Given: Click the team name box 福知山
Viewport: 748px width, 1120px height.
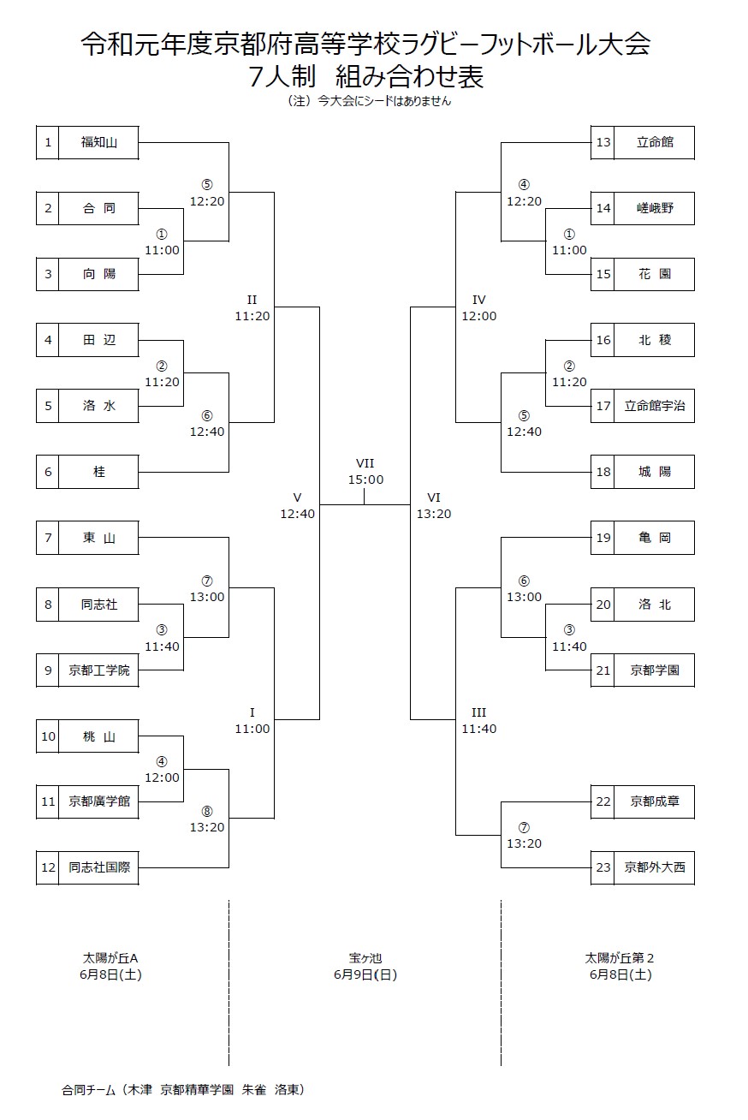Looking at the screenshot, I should [99, 142].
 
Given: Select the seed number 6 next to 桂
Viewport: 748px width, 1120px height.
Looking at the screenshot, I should [48, 472].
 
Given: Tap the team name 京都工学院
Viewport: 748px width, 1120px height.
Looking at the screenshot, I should [99, 670].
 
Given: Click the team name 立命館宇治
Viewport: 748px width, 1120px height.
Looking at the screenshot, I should [655, 406].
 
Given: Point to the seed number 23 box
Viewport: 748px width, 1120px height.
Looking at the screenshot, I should [603, 867].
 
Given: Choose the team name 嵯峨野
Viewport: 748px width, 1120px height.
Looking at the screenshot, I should [655, 208].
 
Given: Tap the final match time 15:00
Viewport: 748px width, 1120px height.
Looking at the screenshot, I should [365, 480].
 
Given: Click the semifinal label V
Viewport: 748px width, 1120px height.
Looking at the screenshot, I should [297, 497].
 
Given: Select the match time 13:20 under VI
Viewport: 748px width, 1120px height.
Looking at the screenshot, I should [434, 514].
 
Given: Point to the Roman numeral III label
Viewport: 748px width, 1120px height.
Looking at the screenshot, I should [478, 712].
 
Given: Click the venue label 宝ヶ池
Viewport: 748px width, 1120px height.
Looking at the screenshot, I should [365, 958].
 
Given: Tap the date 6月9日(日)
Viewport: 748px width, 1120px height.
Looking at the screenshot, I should [365, 974].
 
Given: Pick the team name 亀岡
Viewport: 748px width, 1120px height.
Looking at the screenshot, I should [655, 538].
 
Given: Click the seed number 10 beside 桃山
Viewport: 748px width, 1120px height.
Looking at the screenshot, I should [48, 736].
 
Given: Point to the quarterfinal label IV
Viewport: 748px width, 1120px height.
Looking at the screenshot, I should [478, 300].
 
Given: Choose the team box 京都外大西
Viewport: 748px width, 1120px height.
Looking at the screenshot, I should [655, 867].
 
